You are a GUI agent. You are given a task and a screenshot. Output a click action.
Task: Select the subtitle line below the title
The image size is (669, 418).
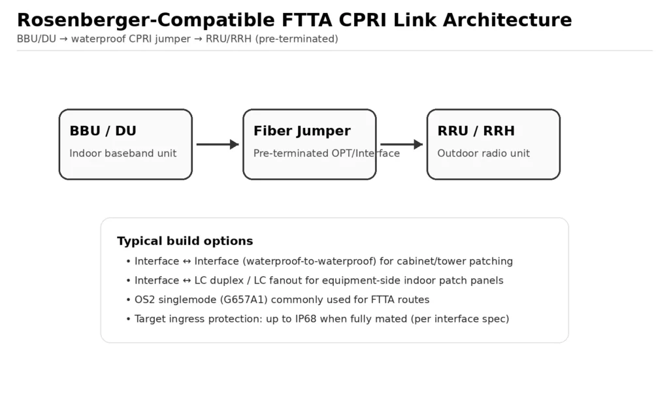click(177, 39)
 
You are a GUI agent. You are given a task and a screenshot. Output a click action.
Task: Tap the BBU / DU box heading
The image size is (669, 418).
click(103, 131)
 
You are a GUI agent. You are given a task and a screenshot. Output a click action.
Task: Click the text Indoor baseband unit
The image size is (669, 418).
click(123, 153)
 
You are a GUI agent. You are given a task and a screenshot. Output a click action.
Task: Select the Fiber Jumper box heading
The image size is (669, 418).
click(302, 131)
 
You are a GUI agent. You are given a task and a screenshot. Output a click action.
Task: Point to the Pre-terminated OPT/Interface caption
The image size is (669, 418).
click(326, 153)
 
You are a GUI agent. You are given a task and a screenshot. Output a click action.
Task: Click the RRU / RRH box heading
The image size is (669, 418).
click(476, 131)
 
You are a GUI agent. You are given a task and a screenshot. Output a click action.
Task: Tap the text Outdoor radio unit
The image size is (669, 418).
click(483, 153)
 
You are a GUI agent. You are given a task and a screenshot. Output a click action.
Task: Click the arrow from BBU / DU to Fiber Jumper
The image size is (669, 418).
click(218, 144)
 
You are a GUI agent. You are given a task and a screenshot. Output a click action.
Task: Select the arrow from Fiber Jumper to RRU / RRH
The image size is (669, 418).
click(401, 144)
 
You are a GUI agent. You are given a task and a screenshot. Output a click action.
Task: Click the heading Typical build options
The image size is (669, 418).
click(185, 241)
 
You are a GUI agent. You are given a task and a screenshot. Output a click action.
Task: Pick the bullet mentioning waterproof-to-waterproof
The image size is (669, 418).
click(323, 261)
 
